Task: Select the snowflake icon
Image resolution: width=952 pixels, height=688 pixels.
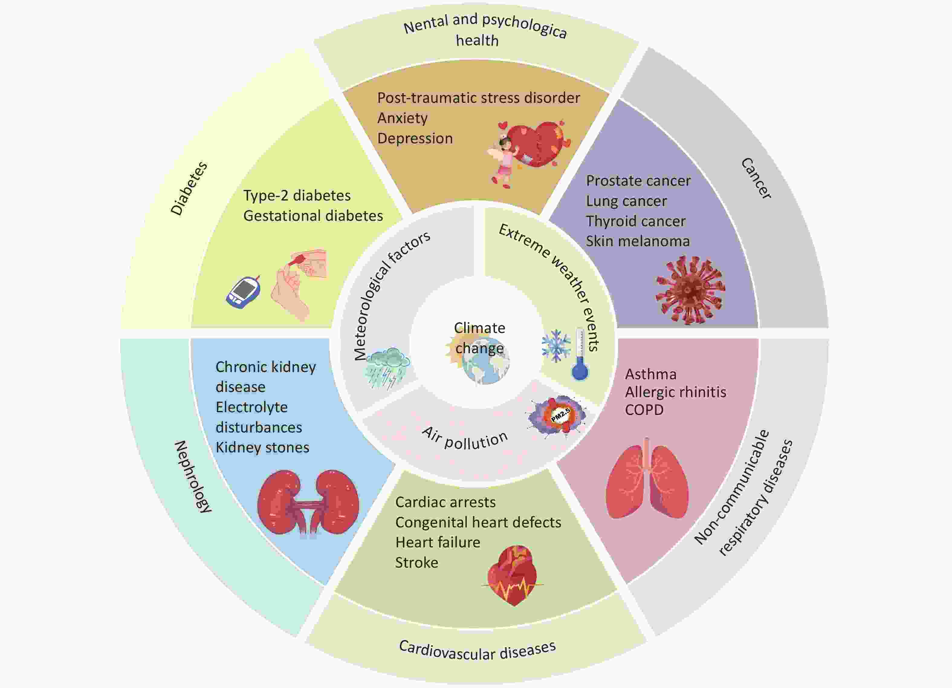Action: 556,346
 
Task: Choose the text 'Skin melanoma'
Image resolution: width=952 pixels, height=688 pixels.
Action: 638,242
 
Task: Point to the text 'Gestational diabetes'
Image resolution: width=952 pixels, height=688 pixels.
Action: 313,216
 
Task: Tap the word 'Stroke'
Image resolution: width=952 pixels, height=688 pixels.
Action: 416,563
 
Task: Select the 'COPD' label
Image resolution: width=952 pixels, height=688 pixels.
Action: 644,410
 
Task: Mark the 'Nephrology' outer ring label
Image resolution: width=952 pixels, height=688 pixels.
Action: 193,477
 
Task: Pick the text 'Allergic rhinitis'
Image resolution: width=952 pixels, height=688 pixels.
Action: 675,392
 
